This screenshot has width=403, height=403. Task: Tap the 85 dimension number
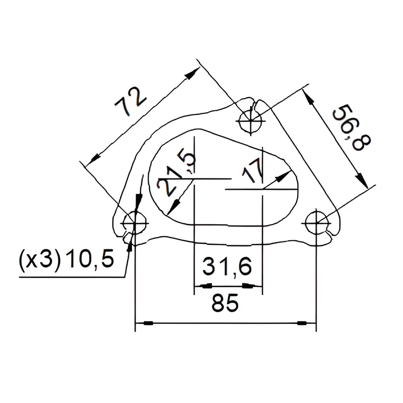tap(225, 303)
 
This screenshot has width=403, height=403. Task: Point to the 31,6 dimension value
tap(227, 267)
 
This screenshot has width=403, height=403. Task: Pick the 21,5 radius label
tap(176, 174)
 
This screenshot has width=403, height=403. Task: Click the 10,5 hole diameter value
tap(90, 258)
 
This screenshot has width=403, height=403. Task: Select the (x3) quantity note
tap(40, 260)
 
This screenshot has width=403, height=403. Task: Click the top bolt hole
tap(250, 121)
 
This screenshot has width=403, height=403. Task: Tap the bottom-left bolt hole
tap(135, 223)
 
